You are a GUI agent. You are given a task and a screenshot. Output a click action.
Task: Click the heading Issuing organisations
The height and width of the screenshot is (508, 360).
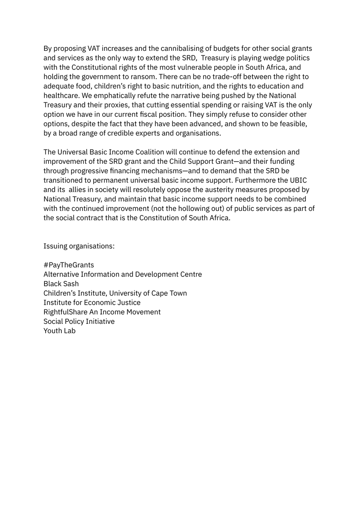pos(79,246)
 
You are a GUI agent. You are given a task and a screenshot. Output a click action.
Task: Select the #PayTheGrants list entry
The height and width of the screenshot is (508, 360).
pos(69,265)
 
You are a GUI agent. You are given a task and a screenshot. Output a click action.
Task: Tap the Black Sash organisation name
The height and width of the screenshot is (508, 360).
pos(61,284)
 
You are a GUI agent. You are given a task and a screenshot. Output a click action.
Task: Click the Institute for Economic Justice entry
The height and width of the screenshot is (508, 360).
pos(92,303)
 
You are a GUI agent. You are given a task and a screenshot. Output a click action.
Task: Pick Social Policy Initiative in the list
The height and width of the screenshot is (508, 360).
pos(79,321)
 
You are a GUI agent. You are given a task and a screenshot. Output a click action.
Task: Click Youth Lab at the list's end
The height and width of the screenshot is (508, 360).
pos(59,331)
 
